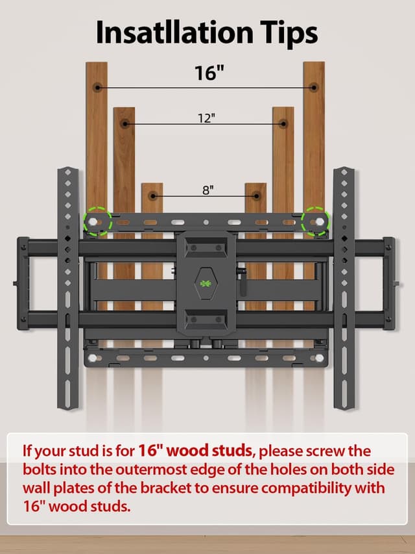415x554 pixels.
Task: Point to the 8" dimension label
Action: point(207,190)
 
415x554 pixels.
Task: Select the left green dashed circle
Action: point(97,221)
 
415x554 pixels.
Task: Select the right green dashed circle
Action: point(316,221)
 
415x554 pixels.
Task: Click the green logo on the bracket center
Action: point(206,283)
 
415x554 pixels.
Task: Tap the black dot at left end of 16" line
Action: point(97,86)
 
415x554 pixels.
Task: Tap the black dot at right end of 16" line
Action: point(314,86)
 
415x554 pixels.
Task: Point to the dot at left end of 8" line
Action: point(152,195)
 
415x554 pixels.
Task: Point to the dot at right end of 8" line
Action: point(255,195)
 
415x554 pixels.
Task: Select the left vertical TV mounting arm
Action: point(67,288)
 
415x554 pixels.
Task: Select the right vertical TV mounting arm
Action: point(344,288)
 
